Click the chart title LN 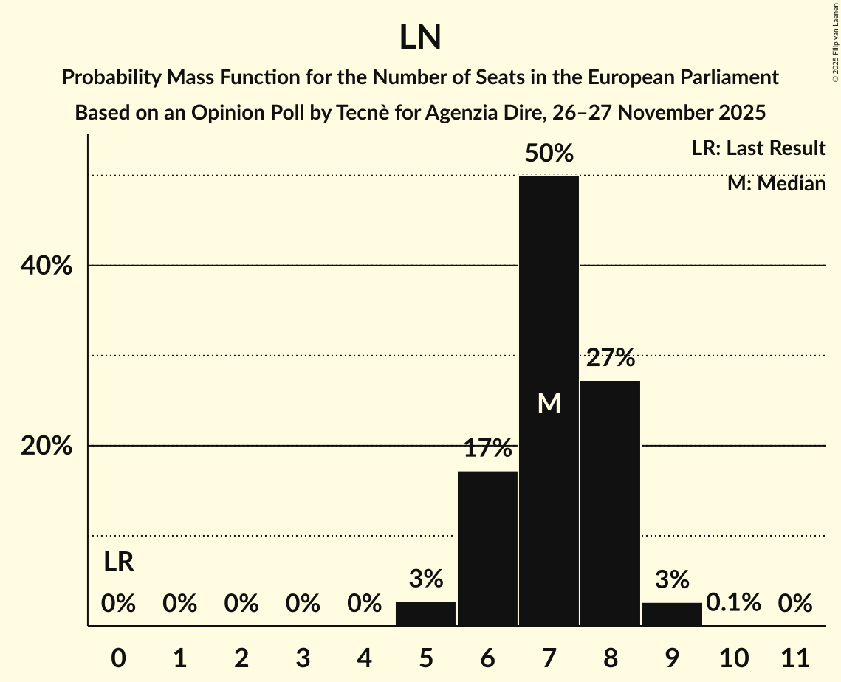[x=420, y=38]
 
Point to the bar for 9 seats [x=672, y=614]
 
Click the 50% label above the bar [x=549, y=154]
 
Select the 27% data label [x=610, y=359]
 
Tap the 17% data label [x=487, y=448]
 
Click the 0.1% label [x=733, y=603]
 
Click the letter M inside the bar [x=549, y=403]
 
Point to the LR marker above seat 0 [x=118, y=562]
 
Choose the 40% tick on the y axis [x=47, y=266]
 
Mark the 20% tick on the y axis [x=47, y=447]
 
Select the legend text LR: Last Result [x=758, y=148]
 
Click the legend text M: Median [x=776, y=184]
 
